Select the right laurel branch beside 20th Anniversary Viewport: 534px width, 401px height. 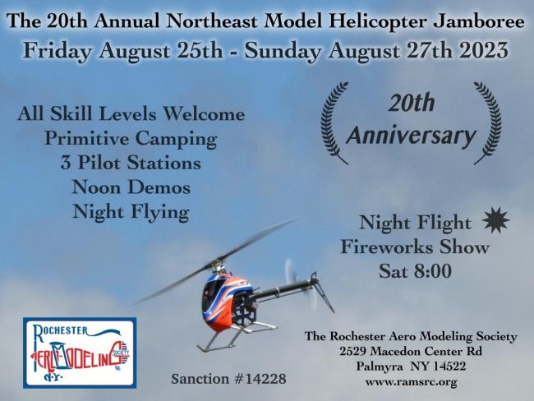[x=488, y=122]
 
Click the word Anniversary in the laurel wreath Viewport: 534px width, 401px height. [x=411, y=136]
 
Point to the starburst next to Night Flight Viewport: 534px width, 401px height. [x=496, y=220]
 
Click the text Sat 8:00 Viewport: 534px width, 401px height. [x=416, y=271]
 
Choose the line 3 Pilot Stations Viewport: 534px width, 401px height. [x=131, y=163]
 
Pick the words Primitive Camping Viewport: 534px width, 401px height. [x=131, y=139]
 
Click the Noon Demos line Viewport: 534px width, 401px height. [x=131, y=187]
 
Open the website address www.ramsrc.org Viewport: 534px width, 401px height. [x=411, y=382]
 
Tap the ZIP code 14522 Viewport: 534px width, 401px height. [x=449, y=366]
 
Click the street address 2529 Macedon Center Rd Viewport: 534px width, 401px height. [x=411, y=351]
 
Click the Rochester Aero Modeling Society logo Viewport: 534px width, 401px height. [x=80, y=353]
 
